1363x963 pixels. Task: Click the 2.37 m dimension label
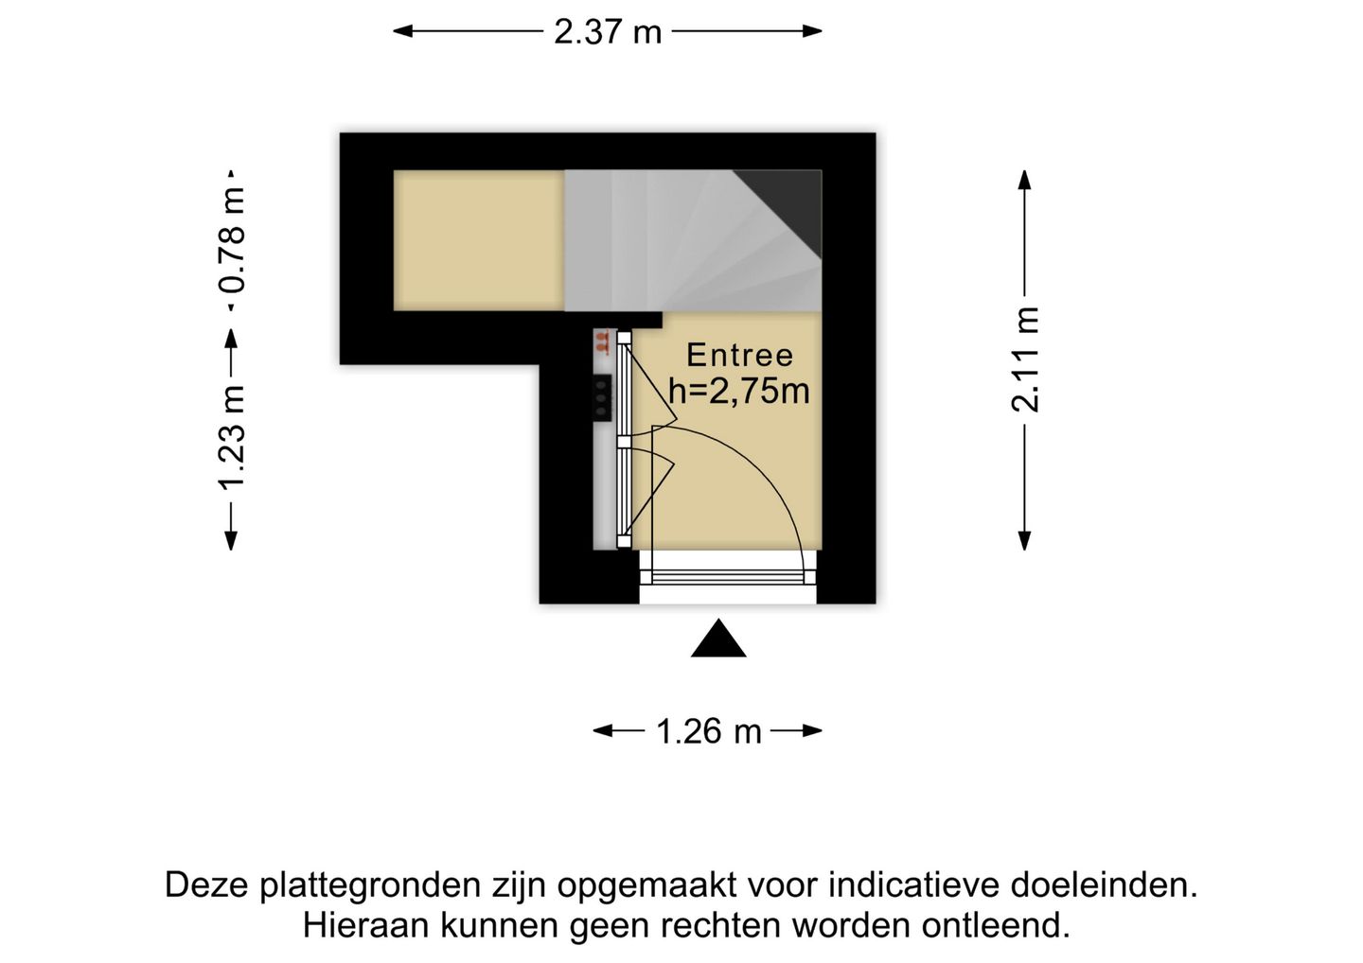coord(608,32)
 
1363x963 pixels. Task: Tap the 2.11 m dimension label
coord(1025,359)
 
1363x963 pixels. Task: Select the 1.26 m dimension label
coord(708,730)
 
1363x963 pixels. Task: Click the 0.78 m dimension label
coord(232,240)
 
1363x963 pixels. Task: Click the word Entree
coord(740,356)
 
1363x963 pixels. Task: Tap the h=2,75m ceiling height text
coord(739,391)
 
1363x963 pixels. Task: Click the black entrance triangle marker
coord(718,639)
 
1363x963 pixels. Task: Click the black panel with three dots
coord(602,397)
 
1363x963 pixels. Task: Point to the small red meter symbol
coord(602,341)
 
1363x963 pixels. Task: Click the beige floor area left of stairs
coord(479,240)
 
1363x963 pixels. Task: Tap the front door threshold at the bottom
coord(728,578)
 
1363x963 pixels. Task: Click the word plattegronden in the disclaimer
coord(371,885)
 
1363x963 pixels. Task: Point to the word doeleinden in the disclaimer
coord(1104,885)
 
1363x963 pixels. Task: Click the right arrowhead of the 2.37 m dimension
coord(812,31)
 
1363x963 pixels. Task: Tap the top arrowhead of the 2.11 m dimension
coord(1025,180)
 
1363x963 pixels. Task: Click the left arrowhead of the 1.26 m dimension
coord(603,730)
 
